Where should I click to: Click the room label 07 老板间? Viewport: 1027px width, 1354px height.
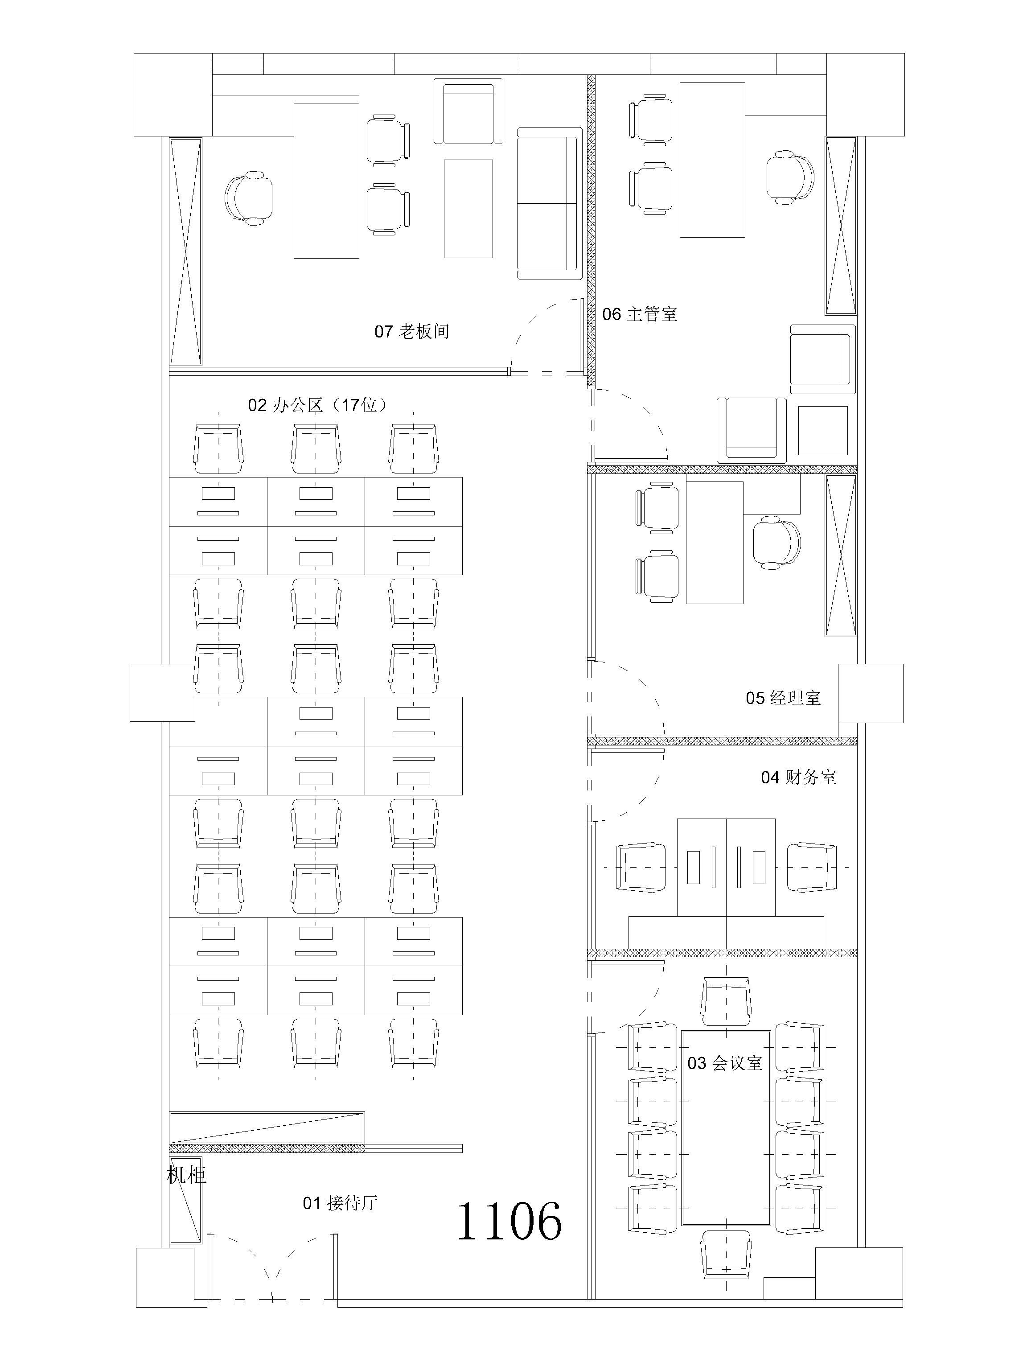(412, 332)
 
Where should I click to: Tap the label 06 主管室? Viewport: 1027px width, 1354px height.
(640, 315)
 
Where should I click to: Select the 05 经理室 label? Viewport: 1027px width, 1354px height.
(783, 698)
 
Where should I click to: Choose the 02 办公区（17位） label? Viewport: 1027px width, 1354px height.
(318, 405)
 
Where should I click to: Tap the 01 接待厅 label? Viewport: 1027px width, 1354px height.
(340, 1203)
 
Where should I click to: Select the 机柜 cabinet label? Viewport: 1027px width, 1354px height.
(187, 1175)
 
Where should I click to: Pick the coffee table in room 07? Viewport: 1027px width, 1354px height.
(468, 209)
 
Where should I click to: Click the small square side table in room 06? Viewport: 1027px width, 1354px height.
(823, 430)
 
